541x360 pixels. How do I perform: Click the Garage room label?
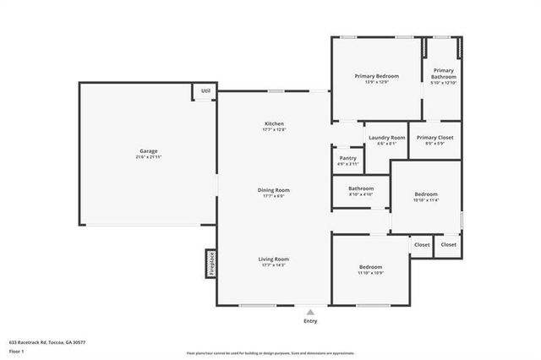tap(148, 151)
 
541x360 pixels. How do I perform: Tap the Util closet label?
tap(205, 91)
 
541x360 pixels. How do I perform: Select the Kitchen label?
tap(274, 123)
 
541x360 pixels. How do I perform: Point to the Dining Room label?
tap(274, 189)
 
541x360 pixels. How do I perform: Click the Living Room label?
tap(274, 259)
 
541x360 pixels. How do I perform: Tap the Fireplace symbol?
tap(211, 263)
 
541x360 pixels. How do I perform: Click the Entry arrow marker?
tap(310, 312)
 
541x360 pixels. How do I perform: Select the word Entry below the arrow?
tap(310, 321)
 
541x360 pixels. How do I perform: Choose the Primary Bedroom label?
tap(376, 76)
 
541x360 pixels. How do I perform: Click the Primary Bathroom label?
tap(444, 74)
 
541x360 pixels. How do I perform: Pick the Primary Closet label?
tap(434, 137)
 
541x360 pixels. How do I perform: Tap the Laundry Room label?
tap(387, 137)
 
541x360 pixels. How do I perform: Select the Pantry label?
tap(347, 157)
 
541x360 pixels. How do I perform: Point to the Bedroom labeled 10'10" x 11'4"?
tap(425, 194)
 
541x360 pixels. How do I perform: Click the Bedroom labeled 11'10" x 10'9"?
tap(370, 266)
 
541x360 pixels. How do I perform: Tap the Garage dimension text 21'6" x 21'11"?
tap(148, 158)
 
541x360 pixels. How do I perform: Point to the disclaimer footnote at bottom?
tap(270, 353)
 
